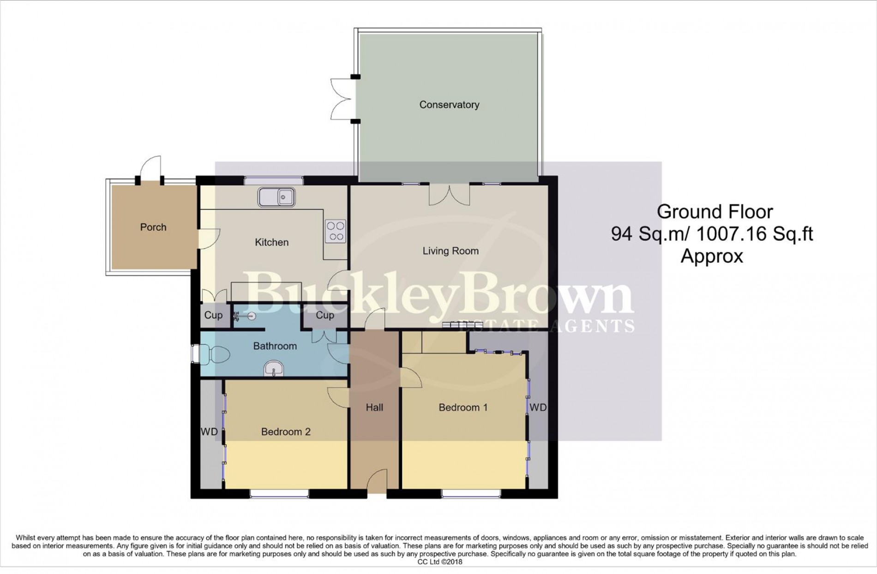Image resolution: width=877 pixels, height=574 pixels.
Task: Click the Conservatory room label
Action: click(449, 105)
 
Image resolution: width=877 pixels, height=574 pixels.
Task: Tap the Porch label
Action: click(153, 227)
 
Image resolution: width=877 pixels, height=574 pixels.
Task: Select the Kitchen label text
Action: click(271, 242)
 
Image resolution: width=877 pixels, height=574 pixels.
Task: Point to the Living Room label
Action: click(451, 251)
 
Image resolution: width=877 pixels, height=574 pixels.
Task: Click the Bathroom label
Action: click(275, 346)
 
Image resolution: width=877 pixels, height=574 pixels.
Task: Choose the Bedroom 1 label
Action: click(463, 407)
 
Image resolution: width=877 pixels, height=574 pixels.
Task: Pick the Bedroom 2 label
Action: click(286, 432)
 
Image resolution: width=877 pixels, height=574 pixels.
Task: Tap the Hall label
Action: click(374, 407)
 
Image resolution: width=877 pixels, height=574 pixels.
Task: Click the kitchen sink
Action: click(276, 197)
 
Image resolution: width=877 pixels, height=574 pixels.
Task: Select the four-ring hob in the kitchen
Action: click(336, 231)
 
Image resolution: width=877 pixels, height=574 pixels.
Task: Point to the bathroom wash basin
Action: click(275, 369)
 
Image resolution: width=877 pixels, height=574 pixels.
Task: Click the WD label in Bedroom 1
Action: click(538, 407)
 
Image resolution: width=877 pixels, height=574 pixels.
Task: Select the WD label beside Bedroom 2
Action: click(209, 432)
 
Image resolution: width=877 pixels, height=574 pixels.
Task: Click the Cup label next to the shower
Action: click(213, 315)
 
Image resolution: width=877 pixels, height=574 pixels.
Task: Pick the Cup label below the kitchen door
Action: click(325, 315)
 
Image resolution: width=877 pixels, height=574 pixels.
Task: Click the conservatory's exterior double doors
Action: click(344, 99)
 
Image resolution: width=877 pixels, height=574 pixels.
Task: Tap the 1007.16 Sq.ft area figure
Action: click(754, 234)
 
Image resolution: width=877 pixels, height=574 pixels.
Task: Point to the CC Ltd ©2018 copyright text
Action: click(439, 562)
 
